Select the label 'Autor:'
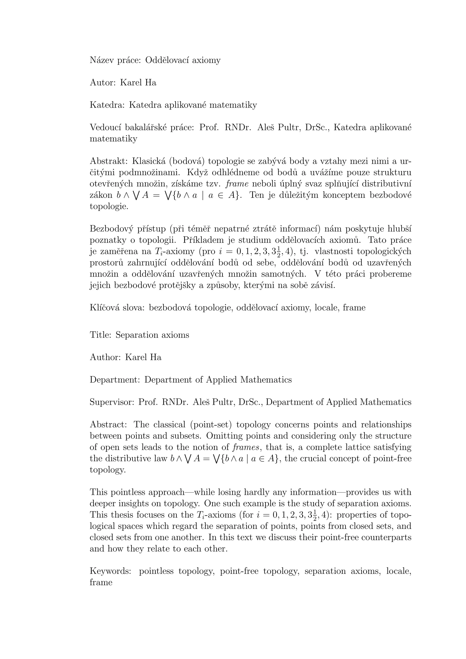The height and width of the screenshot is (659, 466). click(102, 83)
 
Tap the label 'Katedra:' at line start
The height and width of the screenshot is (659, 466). click(107, 105)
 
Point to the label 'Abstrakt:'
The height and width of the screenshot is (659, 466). click(109, 161)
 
